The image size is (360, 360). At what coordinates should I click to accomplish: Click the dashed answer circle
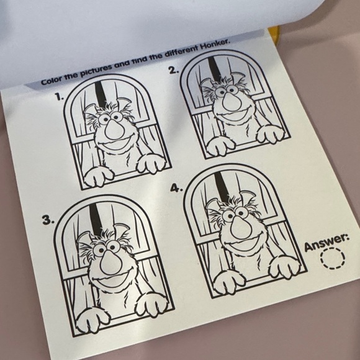click(332, 258)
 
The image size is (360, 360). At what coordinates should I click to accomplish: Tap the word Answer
click(326, 242)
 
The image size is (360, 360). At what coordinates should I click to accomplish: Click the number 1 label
click(58, 97)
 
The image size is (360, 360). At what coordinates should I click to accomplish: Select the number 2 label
click(174, 70)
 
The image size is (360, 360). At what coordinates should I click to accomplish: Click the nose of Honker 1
click(114, 130)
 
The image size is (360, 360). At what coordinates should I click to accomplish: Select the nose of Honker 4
click(235, 226)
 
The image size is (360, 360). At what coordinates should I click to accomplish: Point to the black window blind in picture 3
click(94, 218)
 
